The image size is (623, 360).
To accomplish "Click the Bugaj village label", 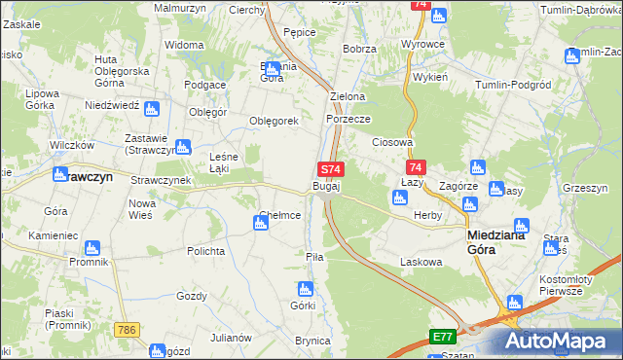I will pos(326,186).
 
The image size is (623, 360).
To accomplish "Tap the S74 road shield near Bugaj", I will pos(330,169).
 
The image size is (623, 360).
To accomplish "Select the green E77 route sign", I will pos(443,337).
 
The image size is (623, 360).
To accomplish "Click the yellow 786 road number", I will pos(125,332).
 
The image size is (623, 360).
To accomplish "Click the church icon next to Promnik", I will pos(92,248).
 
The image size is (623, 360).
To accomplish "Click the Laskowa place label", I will pos(421,262).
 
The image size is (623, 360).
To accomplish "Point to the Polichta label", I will pos(206,250).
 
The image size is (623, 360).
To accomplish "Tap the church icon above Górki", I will pos(304,288).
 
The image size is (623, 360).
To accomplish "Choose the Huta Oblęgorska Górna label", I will pos(121,71).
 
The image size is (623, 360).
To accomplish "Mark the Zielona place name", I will pos(348,97).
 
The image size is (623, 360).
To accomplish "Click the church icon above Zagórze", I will pos(477,167).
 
